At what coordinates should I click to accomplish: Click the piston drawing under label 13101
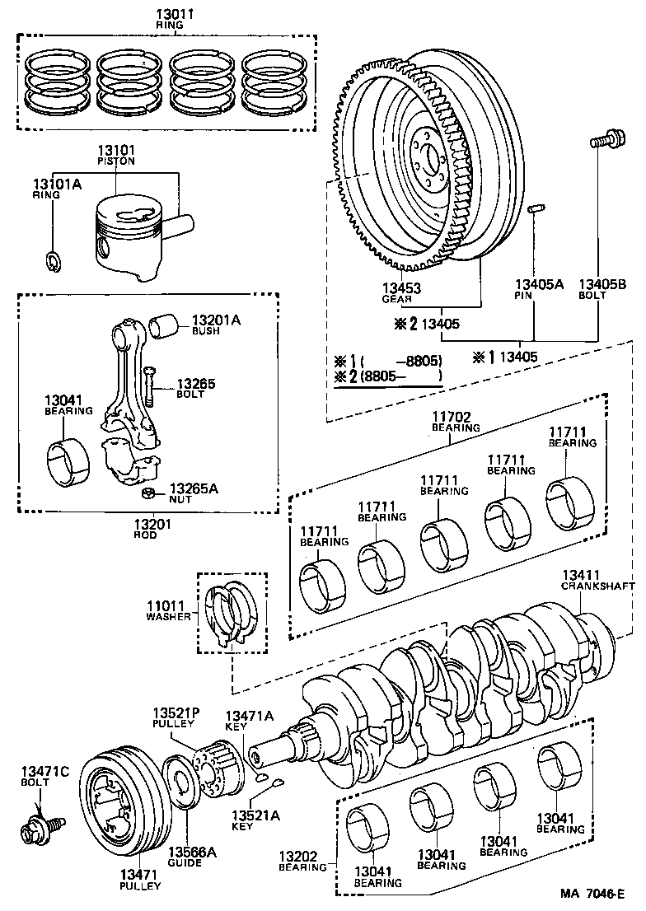(x=132, y=239)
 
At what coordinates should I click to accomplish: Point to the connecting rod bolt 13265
(x=148, y=384)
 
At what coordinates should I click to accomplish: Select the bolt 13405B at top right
(x=603, y=142)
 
